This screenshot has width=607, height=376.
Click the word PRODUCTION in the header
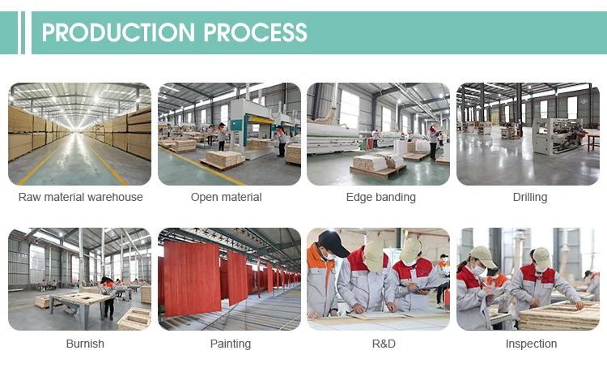pyautogui.click(x=118, y=32)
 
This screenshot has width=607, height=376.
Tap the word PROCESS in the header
pyautogui.click(x=255, y=32)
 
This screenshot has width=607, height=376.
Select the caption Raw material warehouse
pyautogui.click(x=80, y=197)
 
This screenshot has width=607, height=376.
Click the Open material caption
pyautogui.click(x=227, y=197)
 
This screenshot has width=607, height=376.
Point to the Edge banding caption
pyautogui.click(x=381, y=197)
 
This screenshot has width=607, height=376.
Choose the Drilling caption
pyautogui.click(x=530, y=197)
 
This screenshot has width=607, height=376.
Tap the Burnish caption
pyautogui.click(x=85, y=344)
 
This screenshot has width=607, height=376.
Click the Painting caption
pyautogui.click(x=231, y=344)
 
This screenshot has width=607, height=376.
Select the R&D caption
pyautogui.click(x=384, y=344)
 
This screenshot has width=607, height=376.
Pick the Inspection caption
pyautogui.click(x=531, y=344)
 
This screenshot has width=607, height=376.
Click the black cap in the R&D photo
pyautogui.click(x=333, y=242)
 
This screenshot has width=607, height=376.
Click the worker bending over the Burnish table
pyautogui.click(x=107, y=296)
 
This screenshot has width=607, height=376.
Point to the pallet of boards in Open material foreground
pyautogui.click(x=223, y=160)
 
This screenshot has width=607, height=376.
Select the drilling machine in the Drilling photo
pyautogui.click(x=558, y=136)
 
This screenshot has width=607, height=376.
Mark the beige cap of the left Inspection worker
pyautogui.click(x=483, y=257)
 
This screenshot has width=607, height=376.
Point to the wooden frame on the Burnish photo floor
pyautogui.click(x=134, y=319)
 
